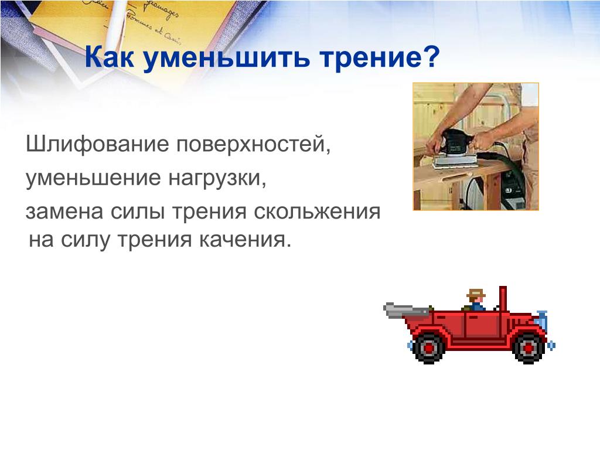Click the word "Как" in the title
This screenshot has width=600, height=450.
tap(110, 57)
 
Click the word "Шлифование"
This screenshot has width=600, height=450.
tap(97, 145)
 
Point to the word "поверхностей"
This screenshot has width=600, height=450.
tap(253, 145)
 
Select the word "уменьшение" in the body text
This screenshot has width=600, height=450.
tap(93, 178)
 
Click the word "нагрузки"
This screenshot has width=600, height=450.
tap(217, 179)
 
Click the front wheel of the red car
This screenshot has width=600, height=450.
tap(529, 348)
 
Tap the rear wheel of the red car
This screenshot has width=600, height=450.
tap(429, 348)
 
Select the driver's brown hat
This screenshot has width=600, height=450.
tap(476, 294)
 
